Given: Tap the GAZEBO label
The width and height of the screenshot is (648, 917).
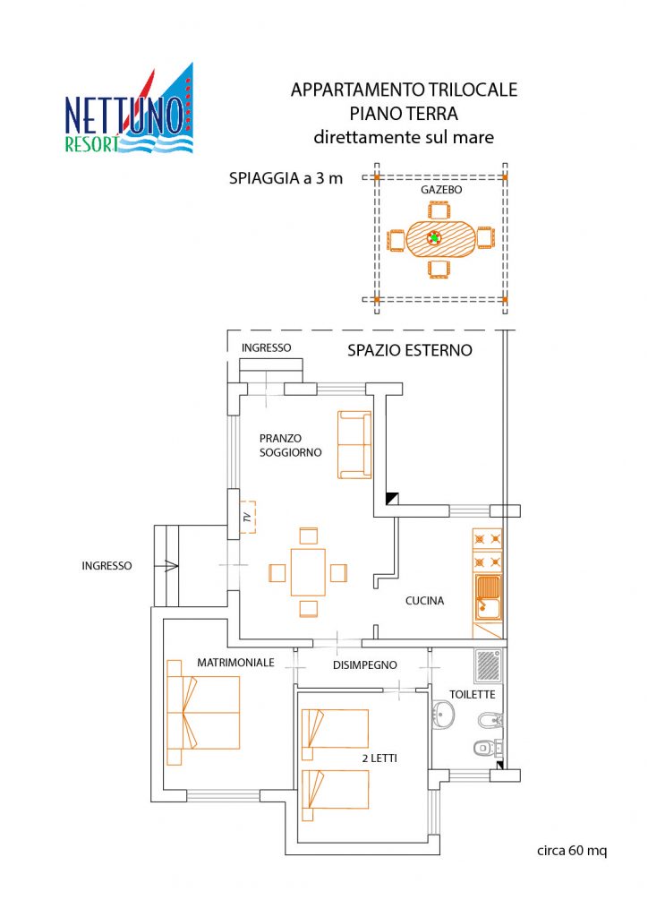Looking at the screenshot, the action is (x=441, y=190).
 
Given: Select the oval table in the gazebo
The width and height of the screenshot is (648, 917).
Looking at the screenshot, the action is (x=440, y=238).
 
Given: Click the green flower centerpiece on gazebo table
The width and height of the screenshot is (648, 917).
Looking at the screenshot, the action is (x=434, y=238).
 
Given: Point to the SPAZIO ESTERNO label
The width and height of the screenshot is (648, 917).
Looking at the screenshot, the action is (x=410, y=350).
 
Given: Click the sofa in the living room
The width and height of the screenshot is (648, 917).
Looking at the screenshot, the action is (x=354, y=445).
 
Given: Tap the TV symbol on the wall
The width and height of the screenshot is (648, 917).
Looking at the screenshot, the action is (x=248, y=517).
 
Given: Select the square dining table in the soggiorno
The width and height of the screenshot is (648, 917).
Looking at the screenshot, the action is (x=308, y=572).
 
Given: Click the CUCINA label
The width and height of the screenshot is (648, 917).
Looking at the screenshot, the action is (x=425, y=601).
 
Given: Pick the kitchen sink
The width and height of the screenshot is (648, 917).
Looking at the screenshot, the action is (x=488, y=597).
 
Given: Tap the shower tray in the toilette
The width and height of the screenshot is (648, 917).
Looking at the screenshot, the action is (x=489, y=665).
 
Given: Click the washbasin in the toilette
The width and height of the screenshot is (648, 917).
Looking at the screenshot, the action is (x=444, y=714).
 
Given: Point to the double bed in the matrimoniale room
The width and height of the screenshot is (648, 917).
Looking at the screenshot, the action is (x=203, y=712).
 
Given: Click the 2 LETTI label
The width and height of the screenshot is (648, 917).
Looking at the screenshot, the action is (x=379, y=758).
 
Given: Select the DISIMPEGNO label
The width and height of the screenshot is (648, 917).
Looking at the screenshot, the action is (x=364, y=665).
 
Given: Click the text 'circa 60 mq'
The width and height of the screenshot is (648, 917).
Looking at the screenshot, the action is (x=572, y=851).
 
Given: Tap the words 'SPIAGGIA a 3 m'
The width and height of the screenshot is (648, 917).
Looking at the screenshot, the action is (x=286, y=178).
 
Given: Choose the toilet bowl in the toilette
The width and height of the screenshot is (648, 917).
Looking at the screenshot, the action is (x=485, y=747).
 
